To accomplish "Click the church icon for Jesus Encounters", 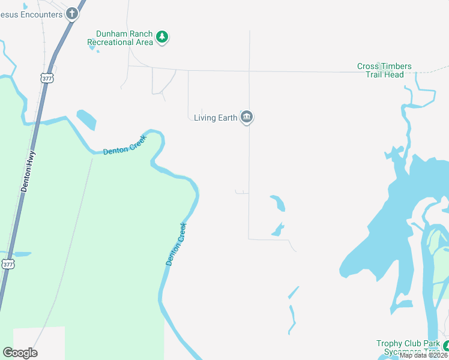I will click(x=72, y=13).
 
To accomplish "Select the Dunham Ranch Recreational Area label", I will click(x=120, y=38).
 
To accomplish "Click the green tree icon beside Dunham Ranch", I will click(x=161, y=37).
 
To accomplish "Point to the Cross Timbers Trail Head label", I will click(x=384, y=70).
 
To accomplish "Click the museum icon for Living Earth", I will click(x=246, y=117).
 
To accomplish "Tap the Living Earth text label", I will click(x=215, y=118).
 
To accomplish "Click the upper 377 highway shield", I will click(x=46, y=78).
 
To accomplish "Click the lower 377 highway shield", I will click(x=7, y=264).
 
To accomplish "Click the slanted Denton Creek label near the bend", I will click(x=176, y=244).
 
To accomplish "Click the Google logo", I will click(x=20, y=353).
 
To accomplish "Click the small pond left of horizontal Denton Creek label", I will click(x=86, y=119).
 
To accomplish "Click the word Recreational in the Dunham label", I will click(x=112, y=42).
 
